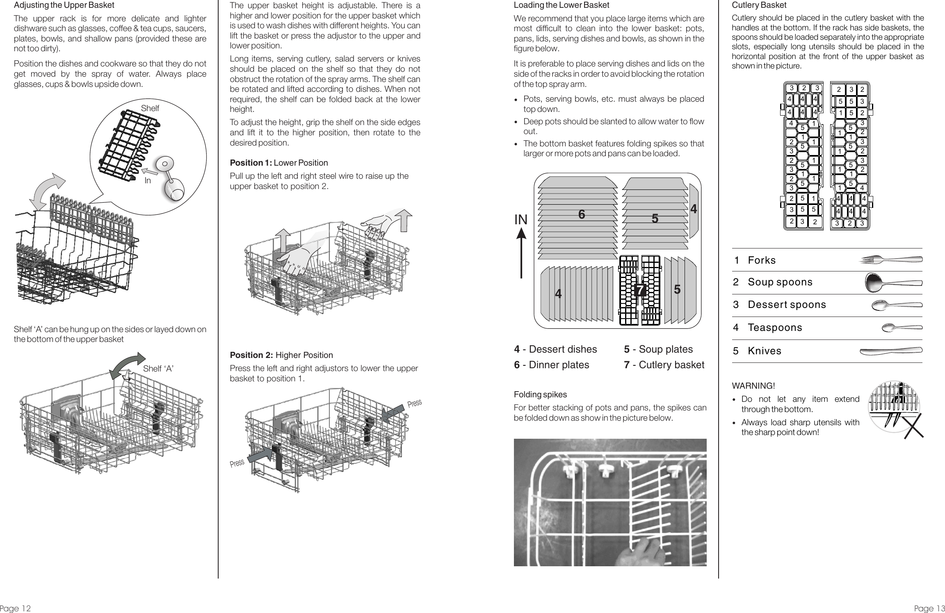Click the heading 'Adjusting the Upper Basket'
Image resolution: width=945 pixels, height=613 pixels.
pos(64,6)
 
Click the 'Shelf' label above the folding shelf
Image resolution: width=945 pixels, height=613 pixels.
pos(150,108)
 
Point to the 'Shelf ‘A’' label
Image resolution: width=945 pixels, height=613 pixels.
pos(159,369)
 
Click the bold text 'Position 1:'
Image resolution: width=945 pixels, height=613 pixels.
pos(251,163)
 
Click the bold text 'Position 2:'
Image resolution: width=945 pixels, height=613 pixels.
pos(251,355)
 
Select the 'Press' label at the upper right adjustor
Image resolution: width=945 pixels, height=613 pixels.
pos(415,403)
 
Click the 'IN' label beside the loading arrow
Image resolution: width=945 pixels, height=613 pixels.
pos(521,220)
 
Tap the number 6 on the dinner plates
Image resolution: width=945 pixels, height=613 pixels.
pos(581,214)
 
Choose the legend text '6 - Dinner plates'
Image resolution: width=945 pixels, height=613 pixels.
pos(551,365)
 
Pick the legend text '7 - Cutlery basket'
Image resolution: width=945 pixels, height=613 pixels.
pos(664,365)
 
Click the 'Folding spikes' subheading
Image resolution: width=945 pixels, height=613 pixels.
pos(540,394)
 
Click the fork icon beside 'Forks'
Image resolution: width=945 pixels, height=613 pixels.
pos(891,260)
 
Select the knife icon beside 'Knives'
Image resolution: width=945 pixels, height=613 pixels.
pos(890,351)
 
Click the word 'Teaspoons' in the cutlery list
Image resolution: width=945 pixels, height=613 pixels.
pos(775,328)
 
